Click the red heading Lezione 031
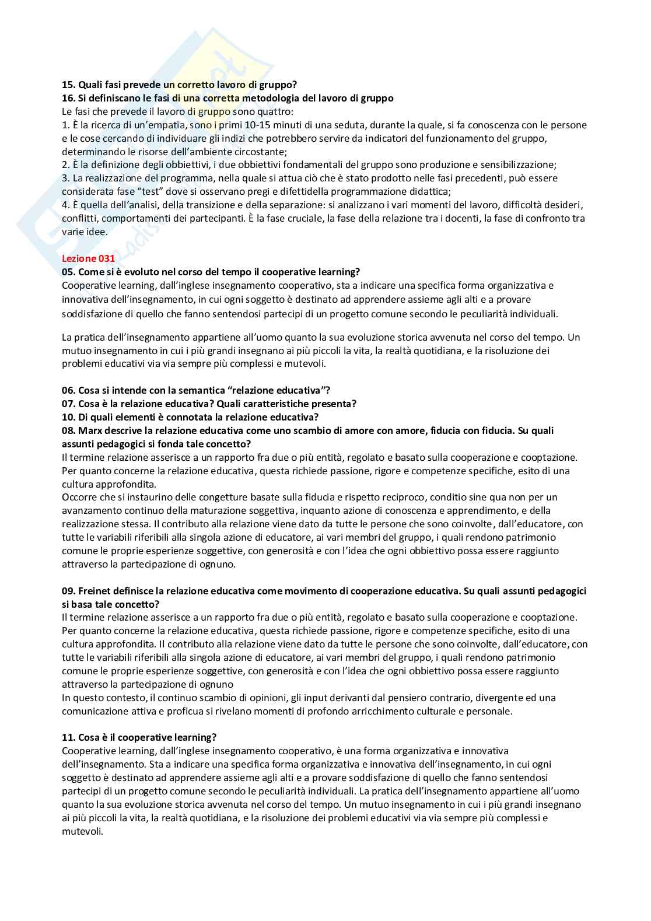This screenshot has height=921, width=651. pos(88,258)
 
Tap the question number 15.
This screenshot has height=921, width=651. pos(68,85)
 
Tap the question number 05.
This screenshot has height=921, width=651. pos(68,272)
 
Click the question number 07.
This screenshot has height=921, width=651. pos(68,404)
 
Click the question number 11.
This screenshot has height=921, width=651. pos(68,737)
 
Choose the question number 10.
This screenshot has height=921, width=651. pos(68,417)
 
